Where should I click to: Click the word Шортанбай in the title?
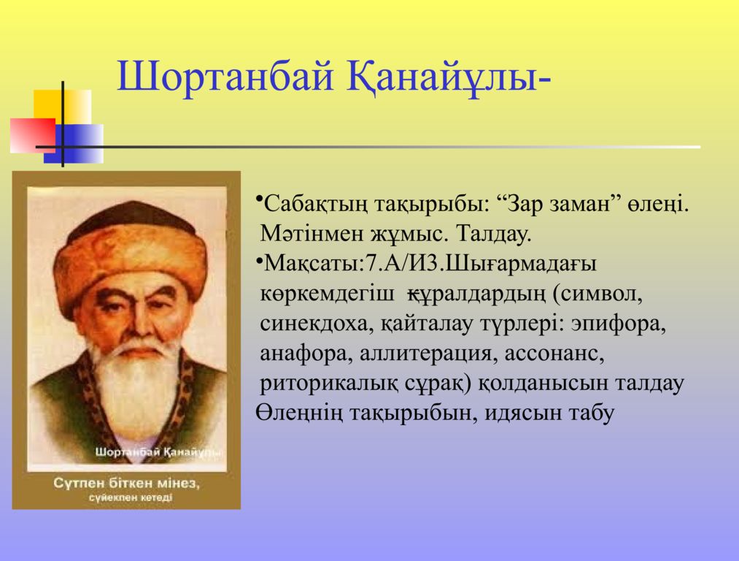pyautogui.click(x=225, y=76)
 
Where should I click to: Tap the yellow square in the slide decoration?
pyautogui.click(x=62, y=107)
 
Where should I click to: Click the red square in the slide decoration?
pyautogui.click(x=33, y=135)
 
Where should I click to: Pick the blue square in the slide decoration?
pyautogui.click(x=74, y=143)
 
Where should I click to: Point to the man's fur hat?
pyautogui.click(x=130, y=250)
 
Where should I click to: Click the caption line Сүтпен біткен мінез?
pyautogui.click(x=126, y=483)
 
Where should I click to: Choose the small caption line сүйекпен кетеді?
pyautogui.click(x=130, y=497)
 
